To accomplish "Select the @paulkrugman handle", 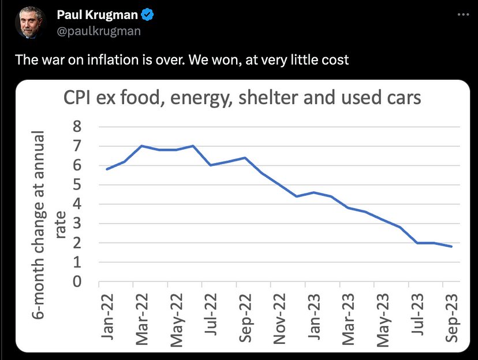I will [x=99, y=31].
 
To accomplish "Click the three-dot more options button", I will [x=461, y=14].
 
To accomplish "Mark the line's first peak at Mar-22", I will [x=141, y=146].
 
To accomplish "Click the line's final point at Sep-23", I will [x=451, y=247].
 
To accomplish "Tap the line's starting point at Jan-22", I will [x=107, y=169].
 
